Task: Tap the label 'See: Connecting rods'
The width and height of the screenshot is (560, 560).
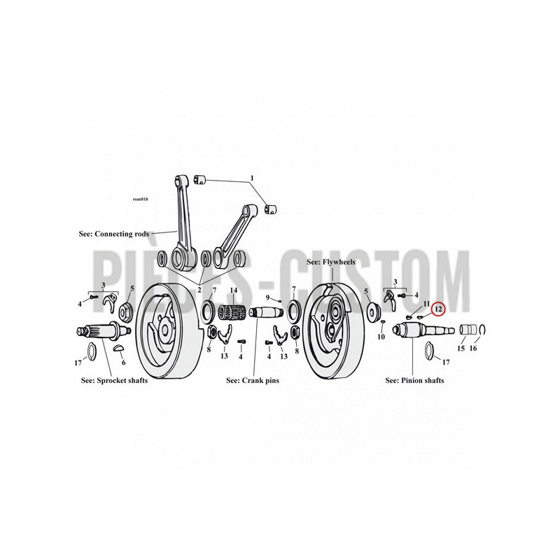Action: pyautogui.click(x=114, y=234)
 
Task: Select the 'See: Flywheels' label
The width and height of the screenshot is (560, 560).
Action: pyautogui.click(x=330, y=262)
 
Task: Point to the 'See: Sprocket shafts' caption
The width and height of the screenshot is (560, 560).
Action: pyautogui.click(x=114, y=380)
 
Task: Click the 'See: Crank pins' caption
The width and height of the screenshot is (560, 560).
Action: pyautogui.click(x=253, y=380)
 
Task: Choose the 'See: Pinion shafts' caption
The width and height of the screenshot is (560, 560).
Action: pyautogui.click(x=414, y=380)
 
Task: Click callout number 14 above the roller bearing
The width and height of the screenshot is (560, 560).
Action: pyautogui.click(x=233, y=290)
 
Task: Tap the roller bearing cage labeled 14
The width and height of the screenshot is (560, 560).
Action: pyautogui.click(x=232, y=314)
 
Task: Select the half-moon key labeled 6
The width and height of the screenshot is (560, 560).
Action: pyautogui.click(x=119, y=348)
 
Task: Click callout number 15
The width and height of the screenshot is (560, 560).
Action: pyautogui.click(x=461, y=348)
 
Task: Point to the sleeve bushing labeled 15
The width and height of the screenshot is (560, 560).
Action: pyautogui.click(x=468, y=329)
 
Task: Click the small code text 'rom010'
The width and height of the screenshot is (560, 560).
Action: pyautogui.click(x=141, y=199)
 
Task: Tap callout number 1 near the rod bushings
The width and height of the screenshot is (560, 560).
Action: pyautogui.click(x=252, y=178)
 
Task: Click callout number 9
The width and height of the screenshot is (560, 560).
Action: pyautogui.click(x=267, y=297)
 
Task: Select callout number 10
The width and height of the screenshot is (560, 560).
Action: pyautogui.click(x=381, y=337)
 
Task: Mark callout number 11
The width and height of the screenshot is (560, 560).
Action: pyautogui.click(x=426, y=304)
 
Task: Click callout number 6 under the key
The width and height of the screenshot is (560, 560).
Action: pyautogui.click(x=124, y=363)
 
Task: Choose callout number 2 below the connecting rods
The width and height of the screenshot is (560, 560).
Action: pyautogui.click(x=199, y=290)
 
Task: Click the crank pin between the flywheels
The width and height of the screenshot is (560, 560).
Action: pyautogui.click(x=266, y=314)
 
